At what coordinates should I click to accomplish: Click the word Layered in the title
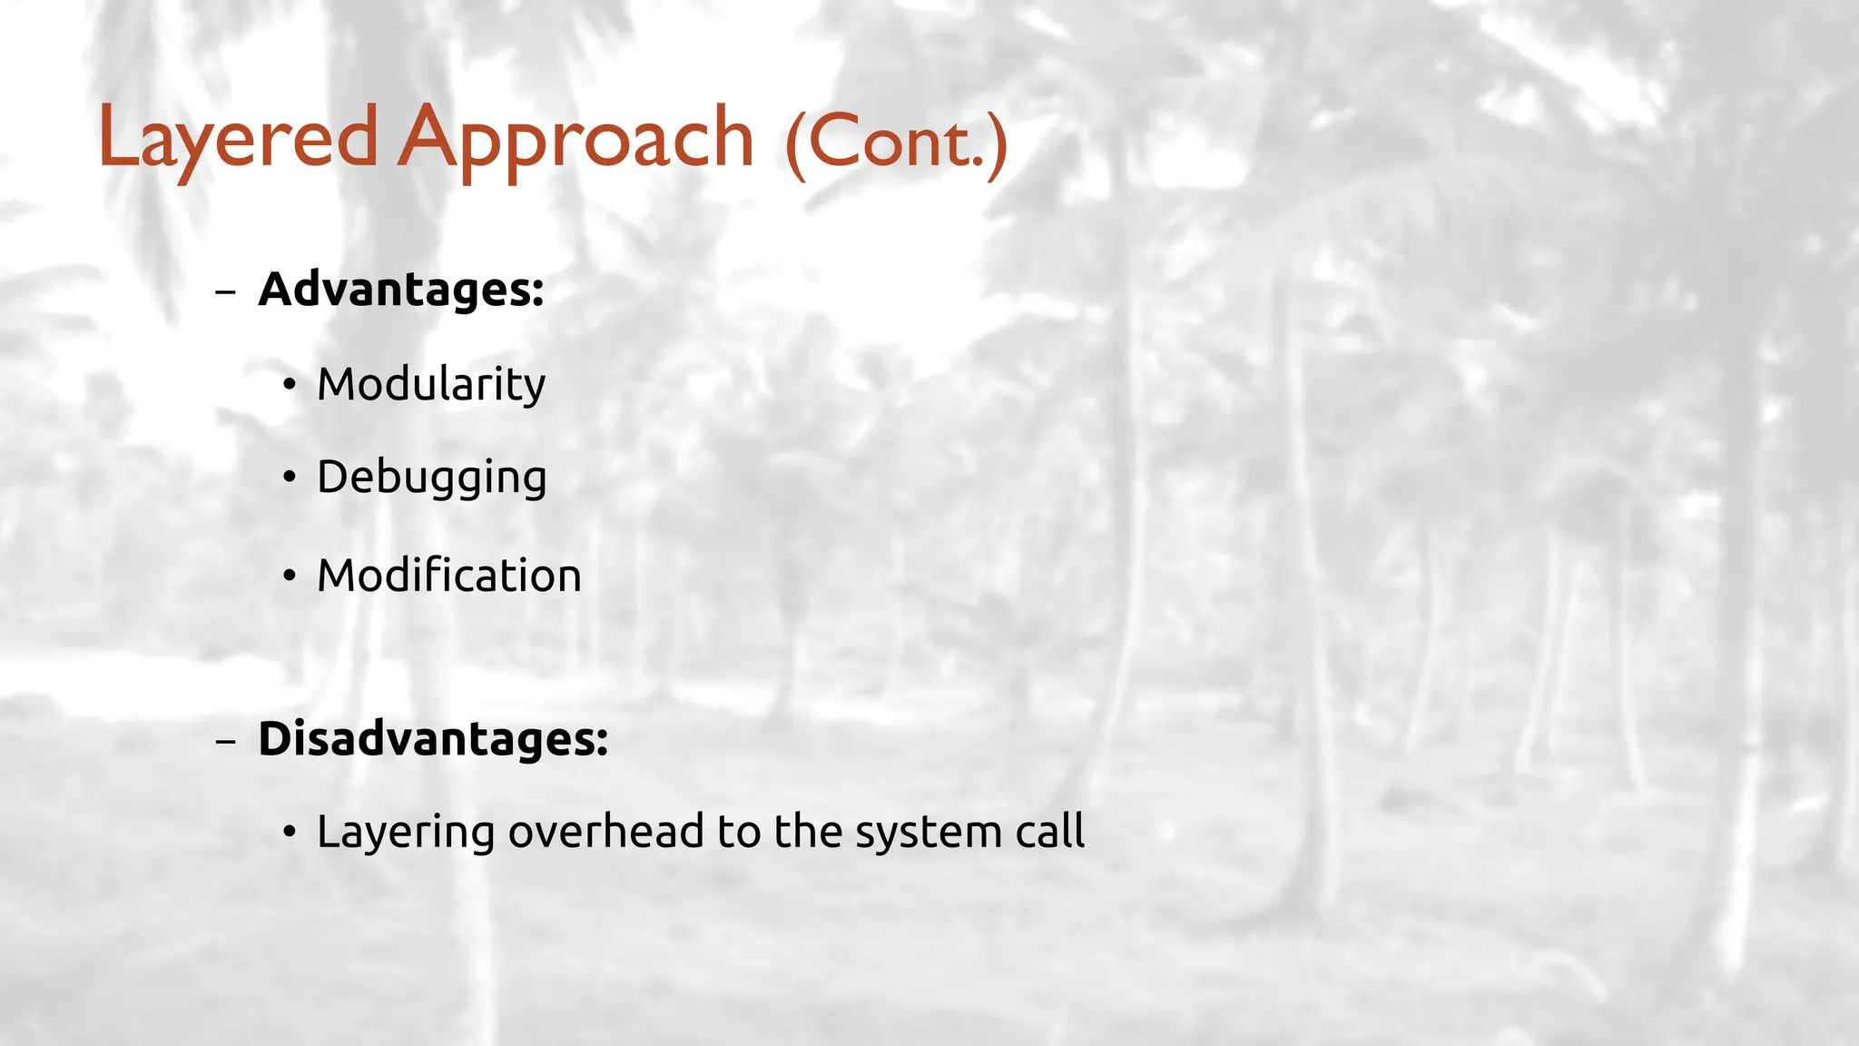pyautogui.click(x=238, y=139)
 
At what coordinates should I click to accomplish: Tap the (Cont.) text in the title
pyautogui.click(x=896, y=143)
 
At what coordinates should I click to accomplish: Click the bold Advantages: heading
pyautogui.click(x=401, y=290)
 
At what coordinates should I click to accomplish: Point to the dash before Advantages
pyautogui.click(x=225, y=292)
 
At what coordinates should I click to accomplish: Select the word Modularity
pyautogui.click(x=431, y=384)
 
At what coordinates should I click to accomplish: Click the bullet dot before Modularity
pyautogui.click(x=289, y=385)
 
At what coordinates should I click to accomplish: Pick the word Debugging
pyautogui.click(x=432, y=478)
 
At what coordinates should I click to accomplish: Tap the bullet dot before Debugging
pyautogui.click(x=289, y=478)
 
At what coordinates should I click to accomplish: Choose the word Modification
pyautogui.click(x=449, y=576)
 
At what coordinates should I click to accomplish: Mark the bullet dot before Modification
pyautogui.click(x=289, y=576)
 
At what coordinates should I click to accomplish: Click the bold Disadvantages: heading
pyautogui.click(x=433, y=738)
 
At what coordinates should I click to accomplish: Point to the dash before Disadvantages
pyautogui.click(x=225, y=741)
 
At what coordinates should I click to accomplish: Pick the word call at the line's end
pyautogui.click(x=1049, y=832)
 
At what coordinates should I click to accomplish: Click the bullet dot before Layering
pyautogui.click(x=289, y=832)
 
